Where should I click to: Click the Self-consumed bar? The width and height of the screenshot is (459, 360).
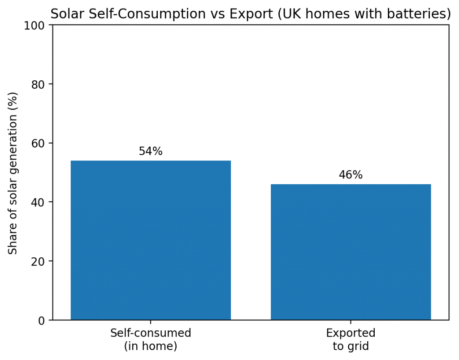(x=151, y=240)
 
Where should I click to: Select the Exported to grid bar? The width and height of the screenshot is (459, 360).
(x=351, y=252)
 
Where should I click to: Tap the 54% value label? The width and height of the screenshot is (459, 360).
(x=151, y=152)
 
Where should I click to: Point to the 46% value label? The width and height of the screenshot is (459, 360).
(x=351, y=175)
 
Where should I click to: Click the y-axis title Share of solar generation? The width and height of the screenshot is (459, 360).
(x=13, y=173)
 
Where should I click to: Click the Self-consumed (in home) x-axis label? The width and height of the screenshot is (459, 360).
(x=151, y=339)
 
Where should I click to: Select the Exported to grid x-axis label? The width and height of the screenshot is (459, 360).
(x=351, y=339)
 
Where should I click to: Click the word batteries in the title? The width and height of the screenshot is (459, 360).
(x=423, y=14)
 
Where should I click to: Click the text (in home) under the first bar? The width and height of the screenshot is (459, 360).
(x=151, y=346)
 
